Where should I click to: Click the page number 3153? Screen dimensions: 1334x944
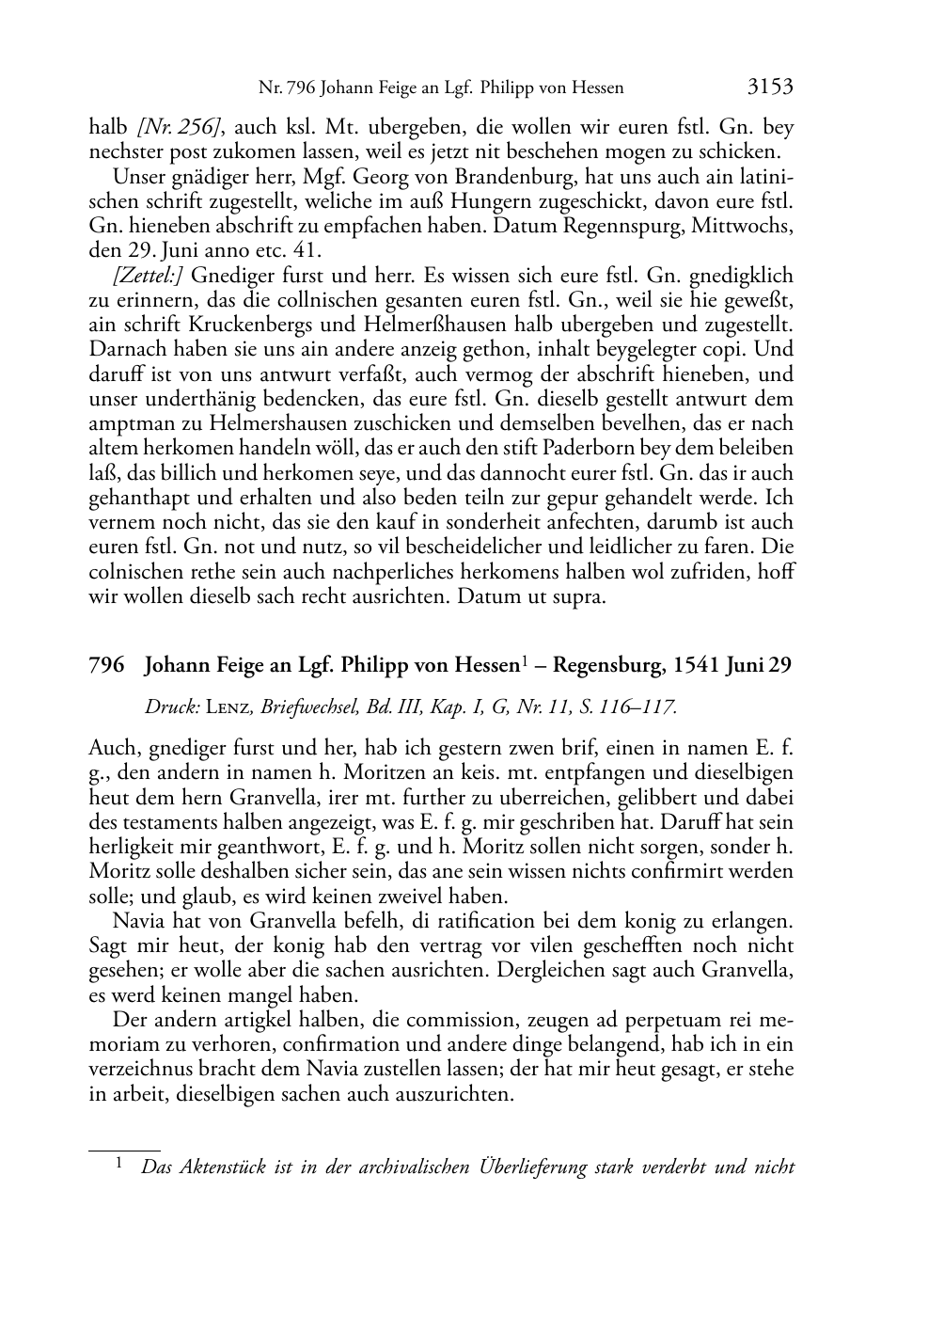point(770,87)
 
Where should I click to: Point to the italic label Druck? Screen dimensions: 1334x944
point(165,707)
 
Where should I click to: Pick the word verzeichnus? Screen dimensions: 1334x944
point(142,1069)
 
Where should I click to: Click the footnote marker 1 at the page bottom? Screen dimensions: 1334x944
point(119,1165)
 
